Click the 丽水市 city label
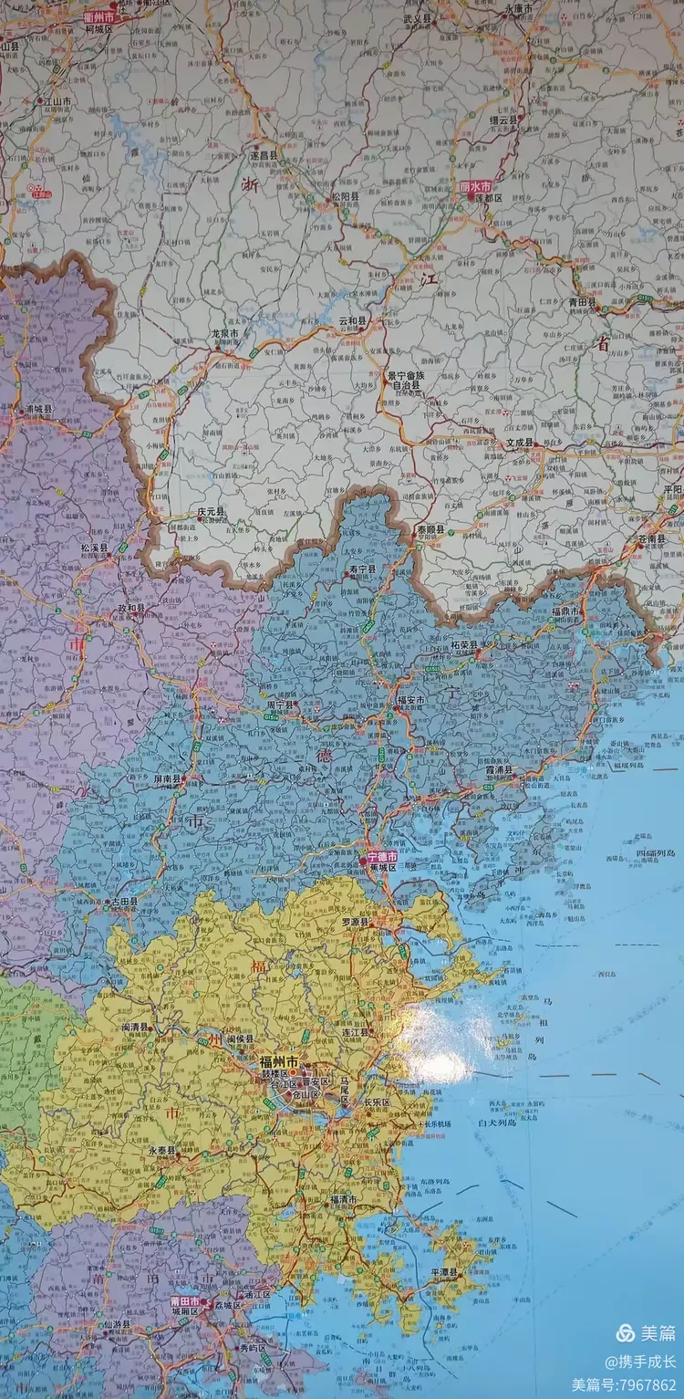(x=474, y=185)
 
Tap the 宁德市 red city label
(x=381, y=857)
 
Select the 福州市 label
(x=279, y=1062)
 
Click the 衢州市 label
(x=99, y=17)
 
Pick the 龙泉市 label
(x=224, y=334)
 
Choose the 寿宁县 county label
(x=363, y=569)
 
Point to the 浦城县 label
(x=39, y=409)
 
